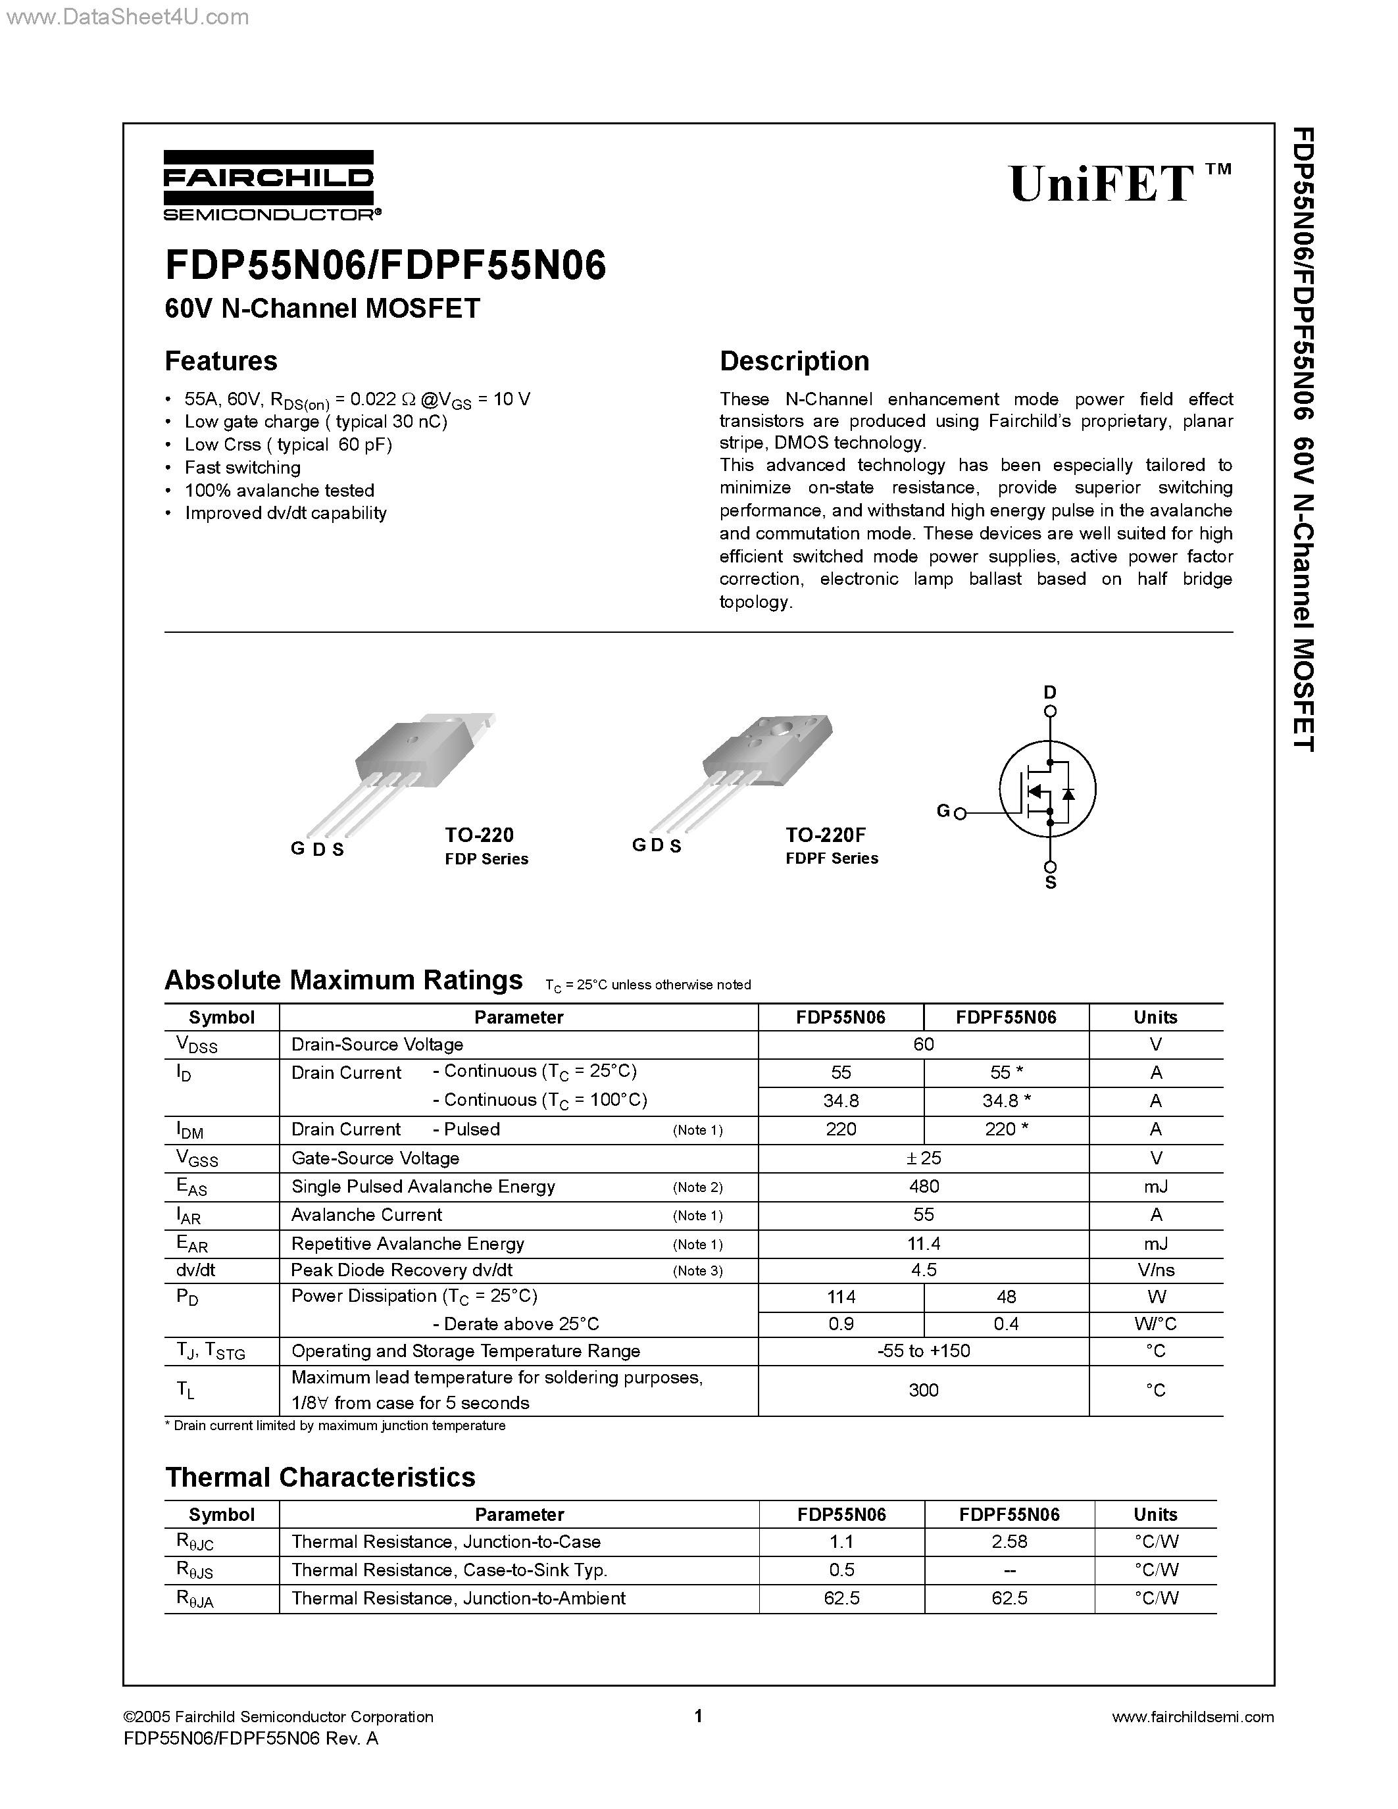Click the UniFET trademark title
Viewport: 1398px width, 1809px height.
click(x=1118, y=183)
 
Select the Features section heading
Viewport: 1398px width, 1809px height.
click(x=221, y=361)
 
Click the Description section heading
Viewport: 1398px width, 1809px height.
click(x=794, y=361)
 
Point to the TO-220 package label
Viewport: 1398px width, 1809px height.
click(x=480, y=834)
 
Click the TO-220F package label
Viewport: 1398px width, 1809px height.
click(x=826, y=834)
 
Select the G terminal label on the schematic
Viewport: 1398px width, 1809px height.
click(x=943, y=811)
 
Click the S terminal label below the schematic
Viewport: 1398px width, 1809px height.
click(x=1050, y=883)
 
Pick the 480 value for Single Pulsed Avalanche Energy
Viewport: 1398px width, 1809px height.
click(x=924, y=1186)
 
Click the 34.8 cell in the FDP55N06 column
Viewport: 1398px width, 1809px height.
click(x=841, y=1101)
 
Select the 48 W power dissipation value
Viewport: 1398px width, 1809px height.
click(x=1007, y=1297)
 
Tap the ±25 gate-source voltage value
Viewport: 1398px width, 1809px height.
click(x=924, y=1158)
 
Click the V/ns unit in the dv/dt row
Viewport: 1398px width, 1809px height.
click(x=1155, y=1270)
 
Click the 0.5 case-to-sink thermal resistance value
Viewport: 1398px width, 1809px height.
click(x=841, y=1570)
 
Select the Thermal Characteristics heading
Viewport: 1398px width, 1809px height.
click(x=320, y=1477)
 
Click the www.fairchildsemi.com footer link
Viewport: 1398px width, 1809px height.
click(x=1193, y=1716)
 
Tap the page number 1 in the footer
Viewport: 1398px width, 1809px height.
click(x=698, y=1716)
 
